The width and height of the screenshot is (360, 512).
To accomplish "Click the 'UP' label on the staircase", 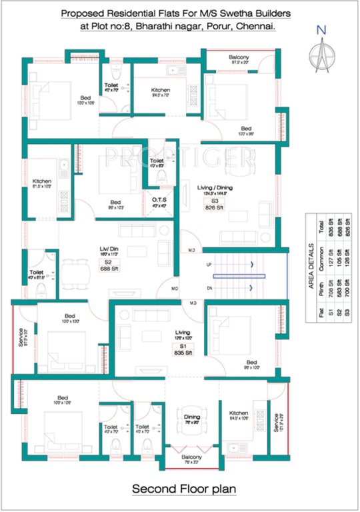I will tap(209, 265).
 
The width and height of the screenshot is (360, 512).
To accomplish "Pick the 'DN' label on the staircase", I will tap(209, 287).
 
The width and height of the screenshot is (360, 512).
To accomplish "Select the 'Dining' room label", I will tap(191, 417).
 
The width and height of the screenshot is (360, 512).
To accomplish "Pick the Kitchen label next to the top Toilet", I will tap(160, 90).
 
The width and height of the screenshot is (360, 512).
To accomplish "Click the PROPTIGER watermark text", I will tap(180, 157).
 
